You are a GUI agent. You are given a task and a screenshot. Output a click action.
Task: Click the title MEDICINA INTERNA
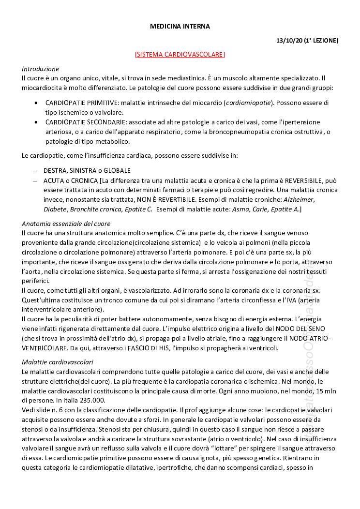pyautogui.click(x=180, y=27)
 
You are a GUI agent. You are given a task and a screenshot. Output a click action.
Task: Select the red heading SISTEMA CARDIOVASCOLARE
pyautogui.click(x=180, y=54)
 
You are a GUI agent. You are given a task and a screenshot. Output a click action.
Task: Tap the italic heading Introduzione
pyautogui.click(x=40, y=69)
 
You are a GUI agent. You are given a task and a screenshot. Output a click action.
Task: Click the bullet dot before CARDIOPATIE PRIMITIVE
pyautogui.click(x=37, y=103)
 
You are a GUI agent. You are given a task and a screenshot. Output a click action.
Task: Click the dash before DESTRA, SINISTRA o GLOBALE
pyautogui.click(x=34, y=171)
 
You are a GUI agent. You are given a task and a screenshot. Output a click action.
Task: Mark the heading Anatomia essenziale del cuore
pyautogui.click(x=66, y=224)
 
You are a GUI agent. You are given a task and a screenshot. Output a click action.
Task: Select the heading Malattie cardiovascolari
pyautogui.click(x=58, y=362)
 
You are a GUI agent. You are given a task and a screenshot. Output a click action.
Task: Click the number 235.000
pyautogui.click(x=76, y=401)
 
